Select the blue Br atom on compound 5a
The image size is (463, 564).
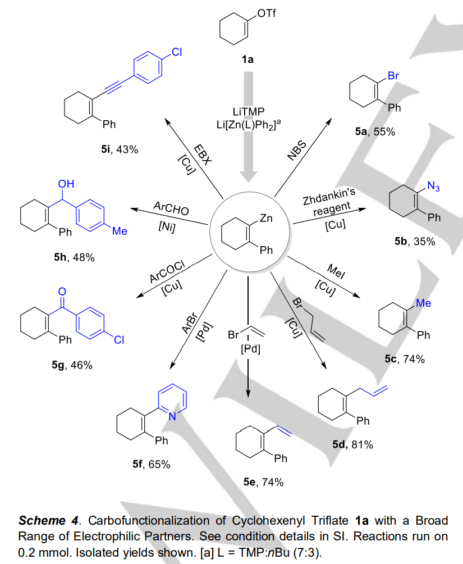pos(393,76)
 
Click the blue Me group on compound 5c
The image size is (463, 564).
pos(424,303)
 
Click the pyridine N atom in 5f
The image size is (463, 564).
pos(173,416)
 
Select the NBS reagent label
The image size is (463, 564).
pos(298,151)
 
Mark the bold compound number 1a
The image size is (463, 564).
pos(247,60)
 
